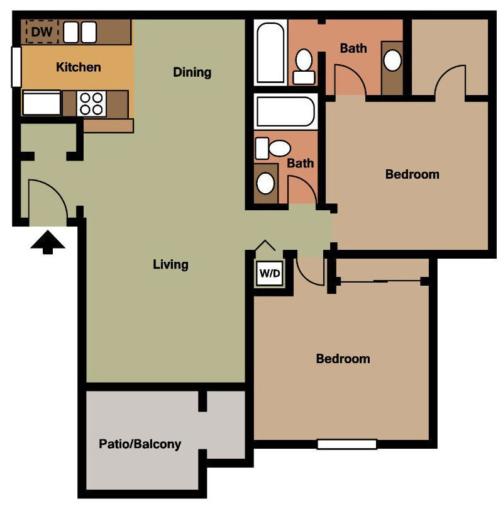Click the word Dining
click(192, 72)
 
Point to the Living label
click(170, 264)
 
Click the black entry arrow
click(48, 243)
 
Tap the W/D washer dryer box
click(270, 274)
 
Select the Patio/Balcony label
click(140, 444)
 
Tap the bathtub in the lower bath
click(286, 111)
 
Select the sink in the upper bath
click(392, 61)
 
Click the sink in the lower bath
click(266, 184)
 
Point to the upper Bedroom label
click(412, 174)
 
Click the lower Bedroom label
click(343, 359)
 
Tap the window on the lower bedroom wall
click(346, 444)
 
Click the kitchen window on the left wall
click(16, 67)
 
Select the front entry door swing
click(47, 200)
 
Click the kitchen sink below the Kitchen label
click(41, 103)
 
